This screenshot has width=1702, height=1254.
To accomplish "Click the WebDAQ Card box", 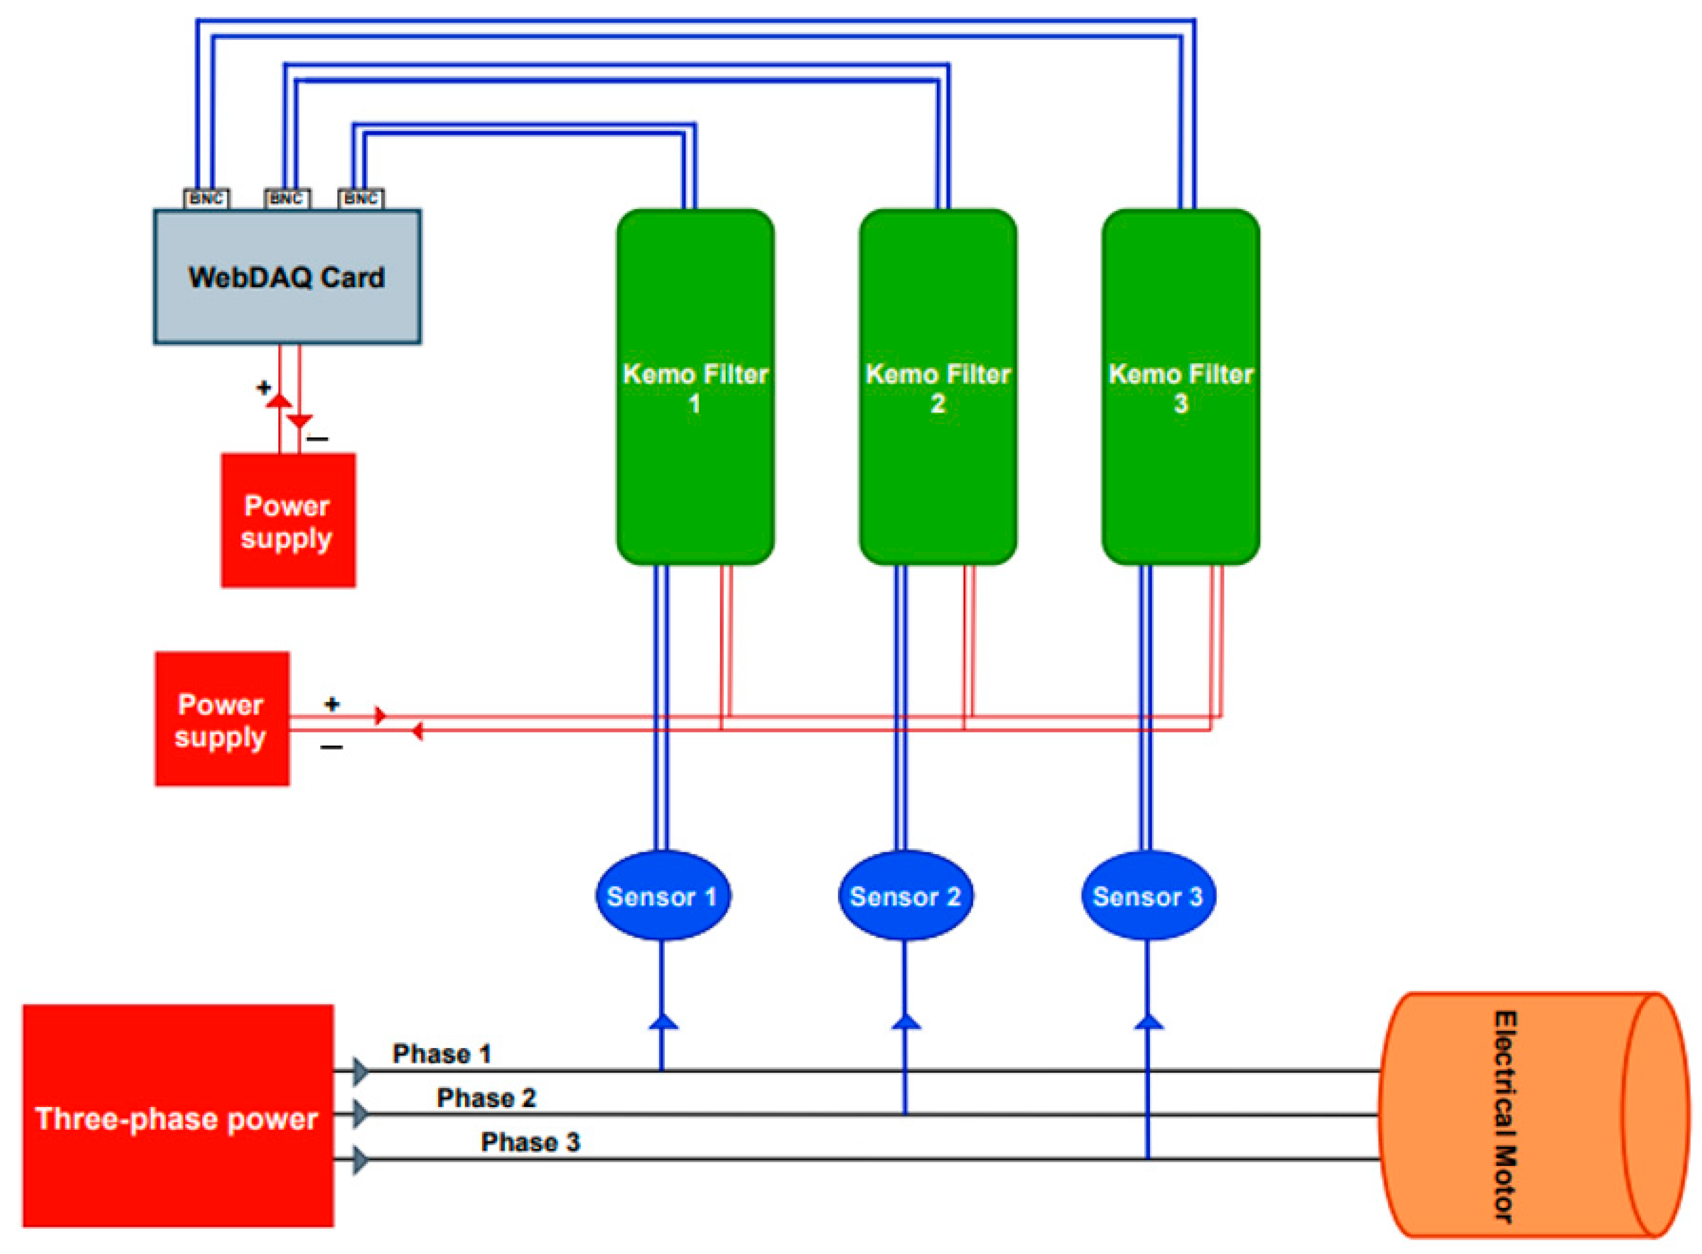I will pyautogui.click(x=287, y=277).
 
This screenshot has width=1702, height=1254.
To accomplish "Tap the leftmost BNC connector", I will pyautogui.click(x=206, y=198).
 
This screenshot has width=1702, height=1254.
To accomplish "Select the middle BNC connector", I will pyautogui.click(x=286, y=198).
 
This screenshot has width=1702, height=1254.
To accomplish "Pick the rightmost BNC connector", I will pyautogui.click(x=360, y=198).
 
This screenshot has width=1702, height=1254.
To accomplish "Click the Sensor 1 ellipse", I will pyautogui.click(x=662, y=896).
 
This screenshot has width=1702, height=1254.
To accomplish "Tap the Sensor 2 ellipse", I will pyautogui.click(x=905, y=896).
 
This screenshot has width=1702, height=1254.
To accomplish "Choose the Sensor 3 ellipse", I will pyautogui.click(x=1147, y=896).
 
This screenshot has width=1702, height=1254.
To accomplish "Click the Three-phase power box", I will pyautogui.click(x=178, y=1118).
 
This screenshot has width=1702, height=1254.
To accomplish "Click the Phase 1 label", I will pyautogui.click(x=441, y=1054).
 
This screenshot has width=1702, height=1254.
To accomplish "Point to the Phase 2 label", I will pyautogui.click(x=486, y=1098).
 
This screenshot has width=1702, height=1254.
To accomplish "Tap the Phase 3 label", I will pyautogui.click(x=530, y=1142).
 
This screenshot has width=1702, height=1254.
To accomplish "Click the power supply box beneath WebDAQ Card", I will pyautogui.click(x=288, y=521).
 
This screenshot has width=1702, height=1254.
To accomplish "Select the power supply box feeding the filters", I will pyautogui.click(x=222, y=719).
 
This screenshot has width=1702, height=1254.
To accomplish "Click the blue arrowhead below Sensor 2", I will pyautogui.click(x=905, y=1022).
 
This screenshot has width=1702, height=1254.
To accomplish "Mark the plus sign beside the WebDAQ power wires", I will pyautogui.click(x=263, y=388).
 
